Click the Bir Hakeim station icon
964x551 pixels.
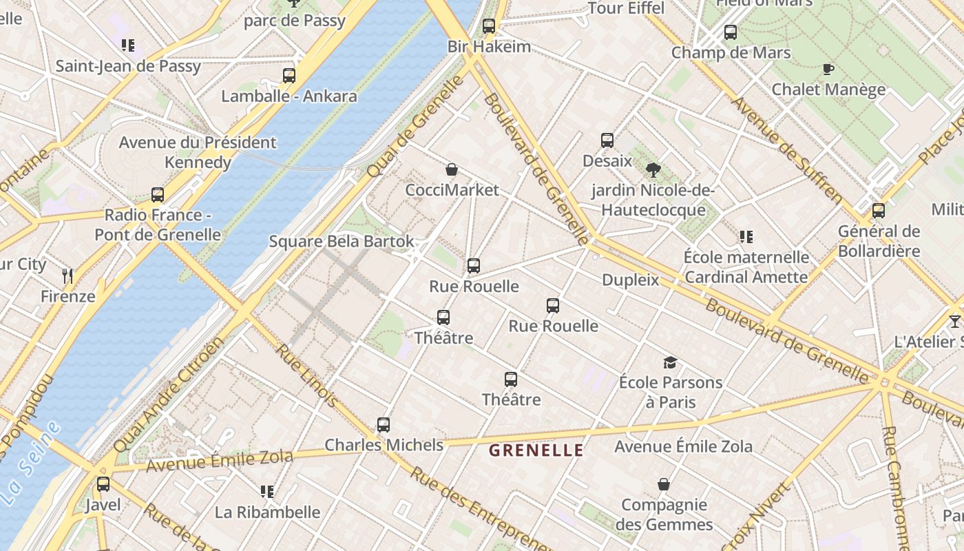tap(489, 27)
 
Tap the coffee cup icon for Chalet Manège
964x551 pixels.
tap(828, 69)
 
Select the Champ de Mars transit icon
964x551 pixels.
tap(731, 32)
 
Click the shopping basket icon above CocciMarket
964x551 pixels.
tap(452, 169)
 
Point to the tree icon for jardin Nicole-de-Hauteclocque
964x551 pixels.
tap(653, 169)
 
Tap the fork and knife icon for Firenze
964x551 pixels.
tap(67, 276)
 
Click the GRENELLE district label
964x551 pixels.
tap(536, 450)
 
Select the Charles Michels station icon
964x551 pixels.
tap(384, 425)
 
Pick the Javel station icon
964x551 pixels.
tap(103, 484)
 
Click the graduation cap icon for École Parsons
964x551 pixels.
tap(670, 362)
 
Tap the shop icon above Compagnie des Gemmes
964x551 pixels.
tap(663, 485)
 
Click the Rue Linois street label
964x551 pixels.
tap(306, 375)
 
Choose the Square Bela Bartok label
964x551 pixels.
tap(342, 242)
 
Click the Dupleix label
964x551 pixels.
tap(630, 280)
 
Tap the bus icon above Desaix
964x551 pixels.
tap(607, 141)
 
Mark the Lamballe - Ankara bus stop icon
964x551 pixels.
tap(289, 76)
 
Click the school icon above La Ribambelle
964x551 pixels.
tap(267, 492)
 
